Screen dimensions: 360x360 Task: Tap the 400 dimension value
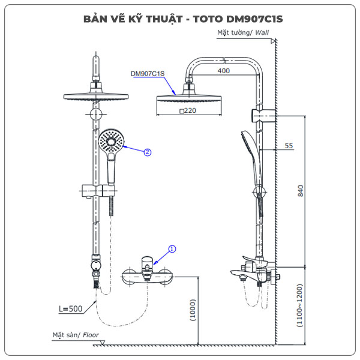224,71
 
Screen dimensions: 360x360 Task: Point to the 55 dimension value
289,146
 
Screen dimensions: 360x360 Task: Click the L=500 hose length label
71,310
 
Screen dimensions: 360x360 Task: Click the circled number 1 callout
172,248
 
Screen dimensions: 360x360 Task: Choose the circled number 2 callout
148,152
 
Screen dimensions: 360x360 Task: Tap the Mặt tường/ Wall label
242,34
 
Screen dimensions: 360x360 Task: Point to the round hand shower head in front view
111,142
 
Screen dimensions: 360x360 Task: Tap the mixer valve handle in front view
146,262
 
